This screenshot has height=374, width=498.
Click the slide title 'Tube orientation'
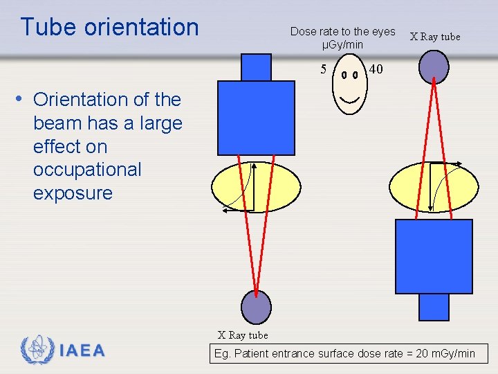pos(109,27)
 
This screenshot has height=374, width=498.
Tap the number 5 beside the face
pos(323,69)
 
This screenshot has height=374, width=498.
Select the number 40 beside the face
pos(376,69)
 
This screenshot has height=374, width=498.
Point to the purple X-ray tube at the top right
pos(434,66)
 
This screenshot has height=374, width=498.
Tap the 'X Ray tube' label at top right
pos(435,37)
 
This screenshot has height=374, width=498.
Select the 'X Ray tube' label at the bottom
pos(243,335)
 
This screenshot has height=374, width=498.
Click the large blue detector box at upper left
pos(256,117)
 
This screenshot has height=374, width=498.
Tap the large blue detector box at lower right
pos(434,256)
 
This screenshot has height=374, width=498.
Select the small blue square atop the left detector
pos(256,67)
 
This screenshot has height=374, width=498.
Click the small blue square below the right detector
pos(434,306)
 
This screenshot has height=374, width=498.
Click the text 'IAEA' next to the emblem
pos(82,351)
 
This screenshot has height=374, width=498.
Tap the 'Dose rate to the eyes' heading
pos(342,31)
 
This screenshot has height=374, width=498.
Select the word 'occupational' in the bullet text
pos(87,170)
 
